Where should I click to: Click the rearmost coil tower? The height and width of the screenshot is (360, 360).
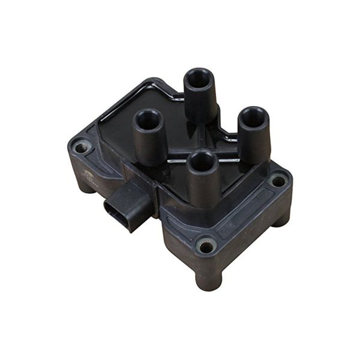[x=200, y=96]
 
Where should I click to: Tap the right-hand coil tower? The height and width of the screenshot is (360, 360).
[x=254, y=137]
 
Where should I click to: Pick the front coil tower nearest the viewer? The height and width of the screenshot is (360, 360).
[x=202, y=180]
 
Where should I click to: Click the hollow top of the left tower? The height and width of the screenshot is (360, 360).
[x=147, y=119]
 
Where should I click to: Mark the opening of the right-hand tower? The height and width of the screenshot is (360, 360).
[x=254, y=117]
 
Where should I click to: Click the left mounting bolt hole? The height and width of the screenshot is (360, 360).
[x=81, y=146]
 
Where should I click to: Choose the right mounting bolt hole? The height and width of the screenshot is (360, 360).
[x=278, y=179]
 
